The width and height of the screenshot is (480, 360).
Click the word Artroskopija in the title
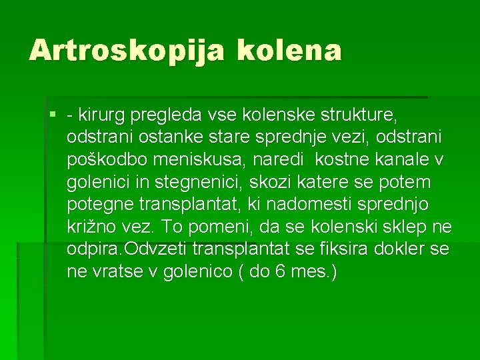coord(126,50)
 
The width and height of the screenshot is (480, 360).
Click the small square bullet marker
coord(53,115)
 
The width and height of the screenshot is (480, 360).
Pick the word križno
coord(94,227)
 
